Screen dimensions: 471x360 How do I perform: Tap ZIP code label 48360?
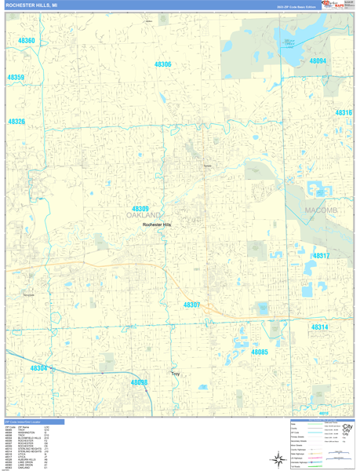(27, 40)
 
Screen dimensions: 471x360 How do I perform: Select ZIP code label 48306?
(162, 64)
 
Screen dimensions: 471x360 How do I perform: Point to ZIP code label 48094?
(317, 60)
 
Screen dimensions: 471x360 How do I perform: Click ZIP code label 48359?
(16, 78)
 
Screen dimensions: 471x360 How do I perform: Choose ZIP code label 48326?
(16, 122)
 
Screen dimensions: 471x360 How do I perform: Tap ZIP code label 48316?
(344, 113)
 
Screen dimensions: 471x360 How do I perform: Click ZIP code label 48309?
(140, 209)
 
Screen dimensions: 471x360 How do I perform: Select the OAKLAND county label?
(144, 215)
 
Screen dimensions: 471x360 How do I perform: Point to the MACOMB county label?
(320, 210)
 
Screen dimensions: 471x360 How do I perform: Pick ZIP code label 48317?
(321, 256)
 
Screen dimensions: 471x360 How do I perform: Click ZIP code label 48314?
(319, 327)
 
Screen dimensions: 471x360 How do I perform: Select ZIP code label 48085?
(260, 352)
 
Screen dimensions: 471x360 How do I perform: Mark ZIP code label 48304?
(38, 367)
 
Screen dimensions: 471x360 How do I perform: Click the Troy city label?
(176, 374)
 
